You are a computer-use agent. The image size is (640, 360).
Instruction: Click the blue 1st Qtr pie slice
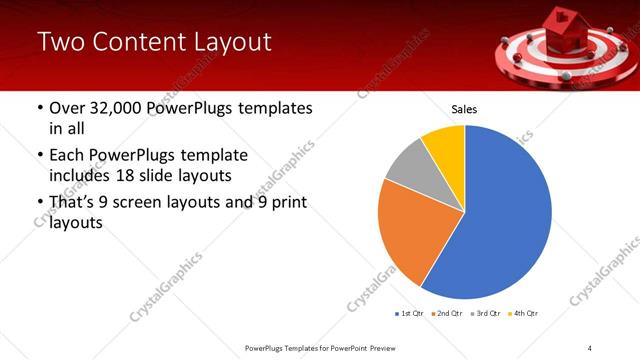tap(505, 215)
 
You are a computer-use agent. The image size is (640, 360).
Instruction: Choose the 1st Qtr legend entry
tap(410, 314)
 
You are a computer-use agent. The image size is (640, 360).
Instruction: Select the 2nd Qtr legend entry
tap(447, 314)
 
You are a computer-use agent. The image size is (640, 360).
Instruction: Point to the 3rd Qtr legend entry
tap(485, 314)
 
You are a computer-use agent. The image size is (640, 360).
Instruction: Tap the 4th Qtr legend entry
tap(523, 314)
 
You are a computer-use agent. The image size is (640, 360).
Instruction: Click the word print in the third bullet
tap(285, 203)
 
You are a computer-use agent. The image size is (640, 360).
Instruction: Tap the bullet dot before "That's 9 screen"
tap(39, 204)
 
